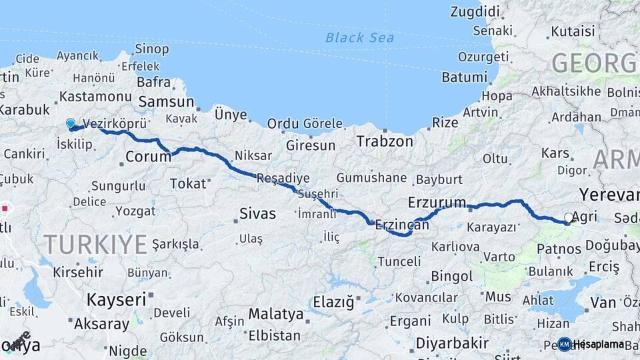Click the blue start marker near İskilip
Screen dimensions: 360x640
(x=71, y=123)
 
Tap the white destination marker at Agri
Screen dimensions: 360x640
(x=569, y=218)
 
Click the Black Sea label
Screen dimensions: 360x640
(x=359, y=37)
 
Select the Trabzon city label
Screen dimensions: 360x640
(x=384, y=141)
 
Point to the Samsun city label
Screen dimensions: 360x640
(x=166, y=102)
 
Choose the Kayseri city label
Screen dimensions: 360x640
(x=116, y=299)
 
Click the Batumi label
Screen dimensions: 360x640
(x=464, y=77)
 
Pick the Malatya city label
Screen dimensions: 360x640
(x=276, y=313)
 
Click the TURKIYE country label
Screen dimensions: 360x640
(x=95, y=244)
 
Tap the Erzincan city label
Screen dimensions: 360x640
(x=402, y=225)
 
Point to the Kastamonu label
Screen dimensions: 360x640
(x=87, y=97)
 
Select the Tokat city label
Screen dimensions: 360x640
(x=188, y=183)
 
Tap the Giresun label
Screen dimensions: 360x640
(x=311, y=145)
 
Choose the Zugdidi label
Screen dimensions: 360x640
(x=475, y=11)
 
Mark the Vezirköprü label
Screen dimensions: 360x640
(x=115, y=123)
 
